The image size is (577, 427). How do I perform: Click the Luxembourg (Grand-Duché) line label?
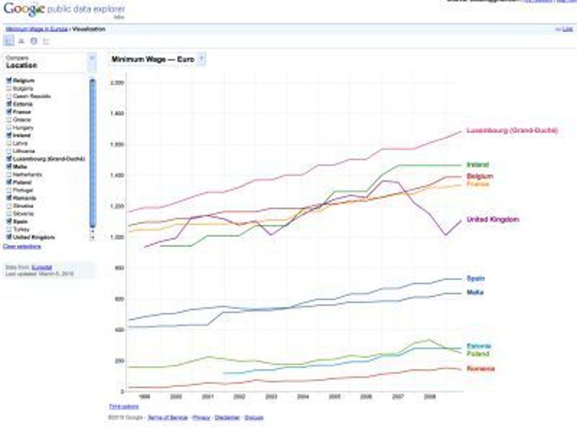[512, 130]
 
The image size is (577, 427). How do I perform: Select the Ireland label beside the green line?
[477, 165]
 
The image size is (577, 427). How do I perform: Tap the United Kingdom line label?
[493, 220]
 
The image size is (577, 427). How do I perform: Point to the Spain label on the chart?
[475, 278]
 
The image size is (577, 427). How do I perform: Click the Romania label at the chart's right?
[480, 369]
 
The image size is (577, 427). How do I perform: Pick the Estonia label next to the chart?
[479, 346]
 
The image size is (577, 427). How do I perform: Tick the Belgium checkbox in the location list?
[9, 81]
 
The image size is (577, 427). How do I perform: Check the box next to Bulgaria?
[9, 88]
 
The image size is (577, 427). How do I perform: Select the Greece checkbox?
[9, 120]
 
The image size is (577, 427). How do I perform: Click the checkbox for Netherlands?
[9, 175]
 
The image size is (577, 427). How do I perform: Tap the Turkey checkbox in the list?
[9, 229]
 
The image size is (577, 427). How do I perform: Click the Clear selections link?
[22, 247]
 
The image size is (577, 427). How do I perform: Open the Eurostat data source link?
[42, 267]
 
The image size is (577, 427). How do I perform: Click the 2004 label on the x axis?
[303, 397]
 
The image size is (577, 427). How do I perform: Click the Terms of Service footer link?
[167, 417]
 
